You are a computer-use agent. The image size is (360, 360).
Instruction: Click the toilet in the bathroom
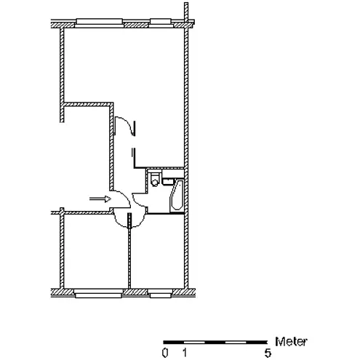pyautogui.click(x=154, y=179)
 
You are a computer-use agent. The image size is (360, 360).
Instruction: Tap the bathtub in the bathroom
pyautogui.click(x=177, y=196)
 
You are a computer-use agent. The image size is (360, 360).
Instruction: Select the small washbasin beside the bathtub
pyautogui.click(x=168, y=182)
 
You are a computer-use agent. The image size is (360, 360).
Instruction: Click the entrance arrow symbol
pyautogui.click(x=100, y=199)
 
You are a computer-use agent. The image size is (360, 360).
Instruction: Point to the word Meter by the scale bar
pyautogui.click(x=291, y=342)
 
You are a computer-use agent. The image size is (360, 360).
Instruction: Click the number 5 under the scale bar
pyautogui.click(x=268, y=353)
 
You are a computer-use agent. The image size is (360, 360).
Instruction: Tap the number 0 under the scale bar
pyautogui.click(x=165, y=353)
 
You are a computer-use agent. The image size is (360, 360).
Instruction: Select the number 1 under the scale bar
pyautogui.click(x=185, y=353)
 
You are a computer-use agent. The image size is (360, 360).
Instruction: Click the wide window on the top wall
pyautogui.click(x=99, y=23)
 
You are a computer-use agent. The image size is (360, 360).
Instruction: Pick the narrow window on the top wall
pyautogui.click(x=161, y=23)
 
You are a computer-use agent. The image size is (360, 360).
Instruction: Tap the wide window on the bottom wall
pyautogui.click(x=98, y=293)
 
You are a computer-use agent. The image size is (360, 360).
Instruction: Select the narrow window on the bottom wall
pyautogui.click(x=160, y=293)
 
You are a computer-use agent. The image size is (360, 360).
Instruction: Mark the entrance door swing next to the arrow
pyautogui.click(x=126, y=196)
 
